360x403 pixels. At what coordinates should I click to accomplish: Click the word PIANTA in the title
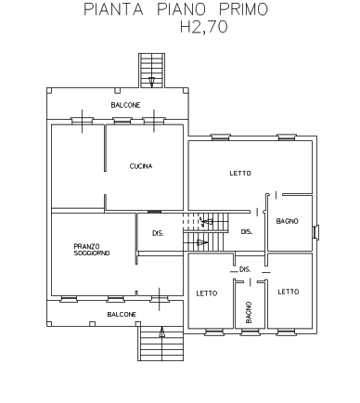[113, 9]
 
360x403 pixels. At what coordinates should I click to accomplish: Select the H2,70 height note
[204, 27]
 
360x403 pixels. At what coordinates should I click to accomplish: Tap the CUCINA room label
[141, 166]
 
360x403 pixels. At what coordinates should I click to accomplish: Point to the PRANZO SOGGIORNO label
[92, 250]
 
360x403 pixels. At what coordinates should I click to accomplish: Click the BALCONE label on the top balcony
[125, 105]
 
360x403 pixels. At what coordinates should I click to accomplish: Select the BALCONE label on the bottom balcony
[122, 315]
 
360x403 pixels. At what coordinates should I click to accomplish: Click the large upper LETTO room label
[240, 174]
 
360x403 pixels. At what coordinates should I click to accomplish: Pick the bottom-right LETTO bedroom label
[289, 292]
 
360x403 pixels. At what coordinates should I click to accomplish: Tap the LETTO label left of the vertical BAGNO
[207, 293]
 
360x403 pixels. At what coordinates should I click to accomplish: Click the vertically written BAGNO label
[249, 312]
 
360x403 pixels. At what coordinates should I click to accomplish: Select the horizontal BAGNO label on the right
[288, 221]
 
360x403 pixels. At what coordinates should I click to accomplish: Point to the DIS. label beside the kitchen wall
[158, 233]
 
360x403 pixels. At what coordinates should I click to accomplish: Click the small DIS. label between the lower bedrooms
[245, 269]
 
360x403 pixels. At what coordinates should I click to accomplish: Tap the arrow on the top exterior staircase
[151, 82]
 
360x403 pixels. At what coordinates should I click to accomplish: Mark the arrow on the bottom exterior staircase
[161, 331]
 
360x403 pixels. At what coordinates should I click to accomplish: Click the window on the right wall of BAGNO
[315, 232]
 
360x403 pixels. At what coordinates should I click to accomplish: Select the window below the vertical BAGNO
[250, 332]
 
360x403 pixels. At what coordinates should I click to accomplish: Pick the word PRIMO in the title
[243, 9]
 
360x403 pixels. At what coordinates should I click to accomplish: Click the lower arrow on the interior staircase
[202, 242]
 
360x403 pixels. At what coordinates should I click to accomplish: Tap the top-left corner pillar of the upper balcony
[49, 90]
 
